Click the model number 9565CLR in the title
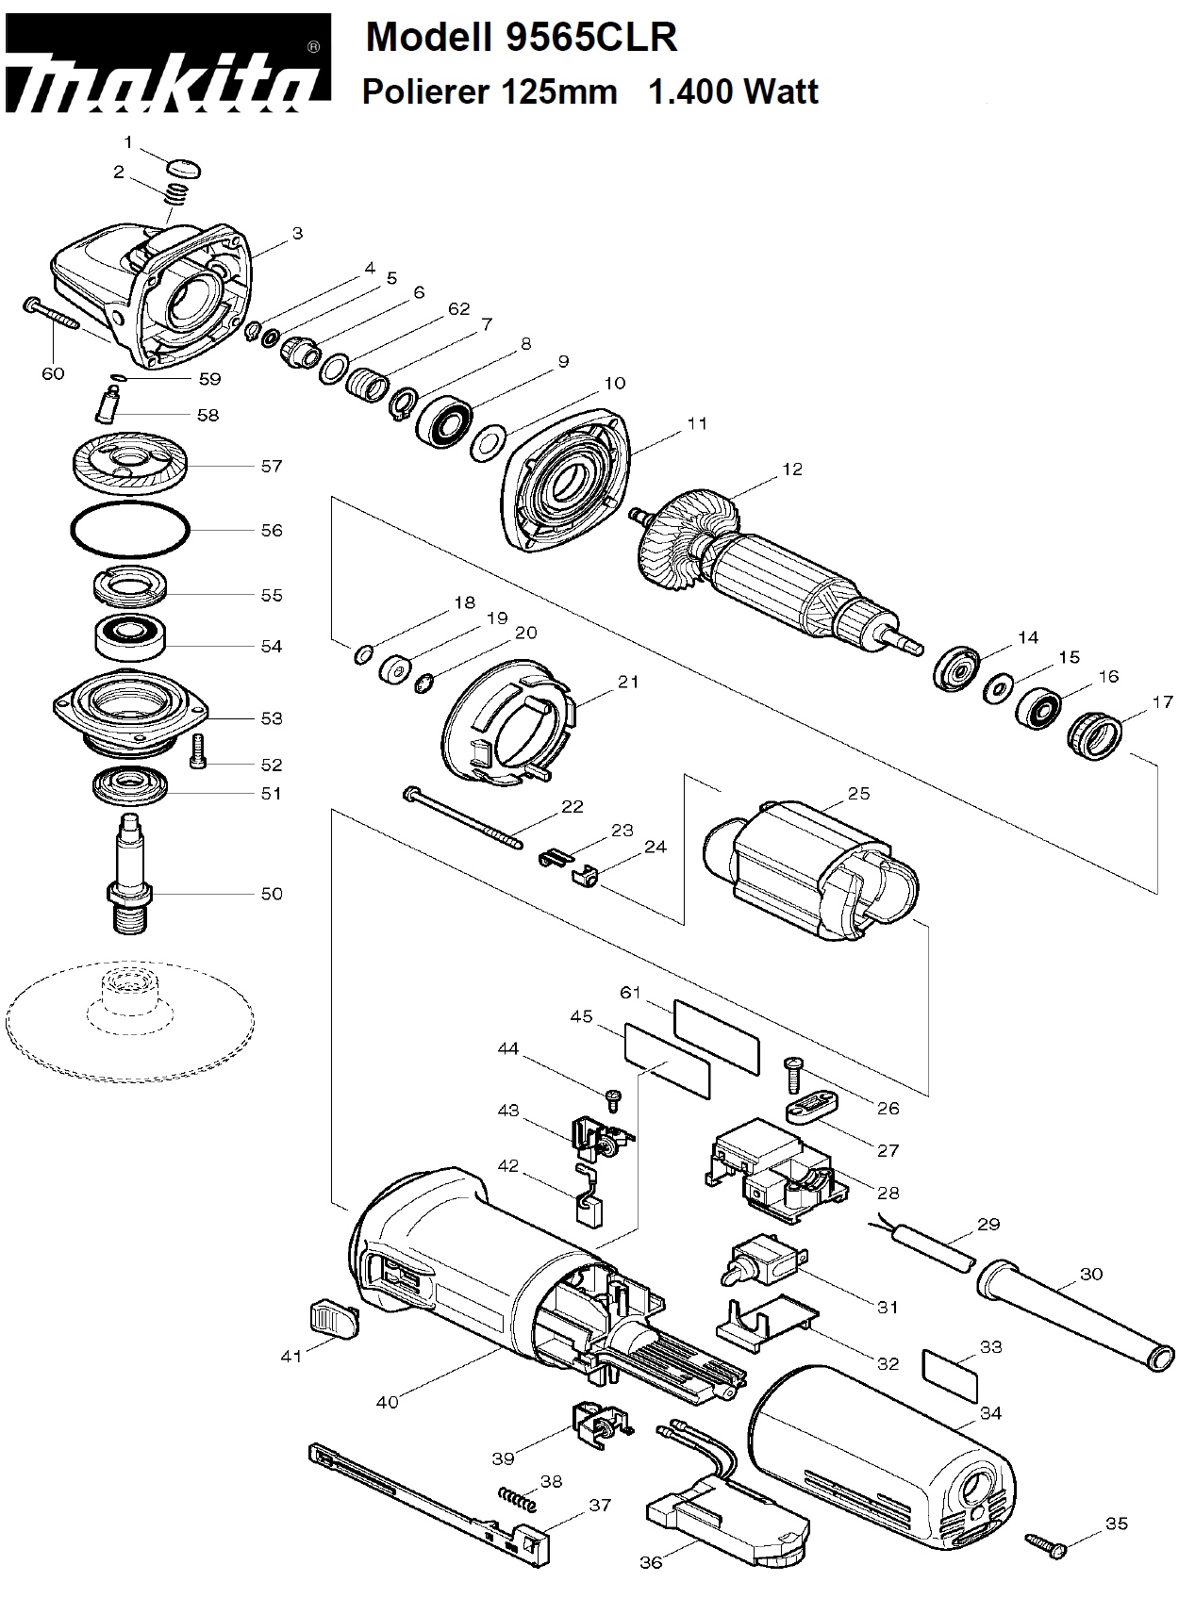(589, 38)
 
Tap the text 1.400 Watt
(734, 91)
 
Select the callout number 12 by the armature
(792, 469)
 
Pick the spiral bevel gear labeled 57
(130, 466)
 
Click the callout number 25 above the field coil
(858, 794)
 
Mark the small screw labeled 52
(198, 750)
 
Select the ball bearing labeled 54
(130, 638)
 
